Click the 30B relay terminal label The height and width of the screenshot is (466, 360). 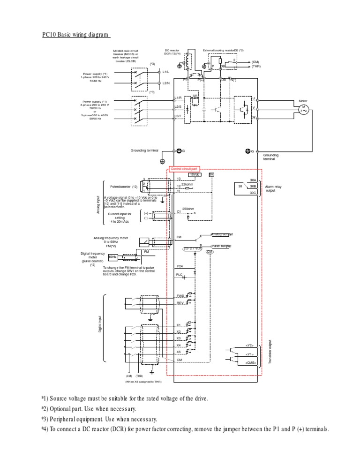coord(253,186)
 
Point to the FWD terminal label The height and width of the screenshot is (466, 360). coord(180,296)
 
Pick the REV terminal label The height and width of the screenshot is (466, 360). coord(180,304)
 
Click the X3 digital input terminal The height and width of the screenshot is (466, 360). coord(179,338)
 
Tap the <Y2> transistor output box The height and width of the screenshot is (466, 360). coord(249,345)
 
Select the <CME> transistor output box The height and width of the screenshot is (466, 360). coord(249,362)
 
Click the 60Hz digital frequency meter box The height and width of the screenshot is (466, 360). coord(113,257)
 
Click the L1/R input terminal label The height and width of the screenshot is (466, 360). coord(178,98)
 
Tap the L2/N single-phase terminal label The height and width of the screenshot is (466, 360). coord(165,83)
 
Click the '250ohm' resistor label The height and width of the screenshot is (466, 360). coord(188,209)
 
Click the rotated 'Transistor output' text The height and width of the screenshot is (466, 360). coord(270,351)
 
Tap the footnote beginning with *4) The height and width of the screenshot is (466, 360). coord(185,429)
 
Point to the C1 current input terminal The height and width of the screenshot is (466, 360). coord(179,212)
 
